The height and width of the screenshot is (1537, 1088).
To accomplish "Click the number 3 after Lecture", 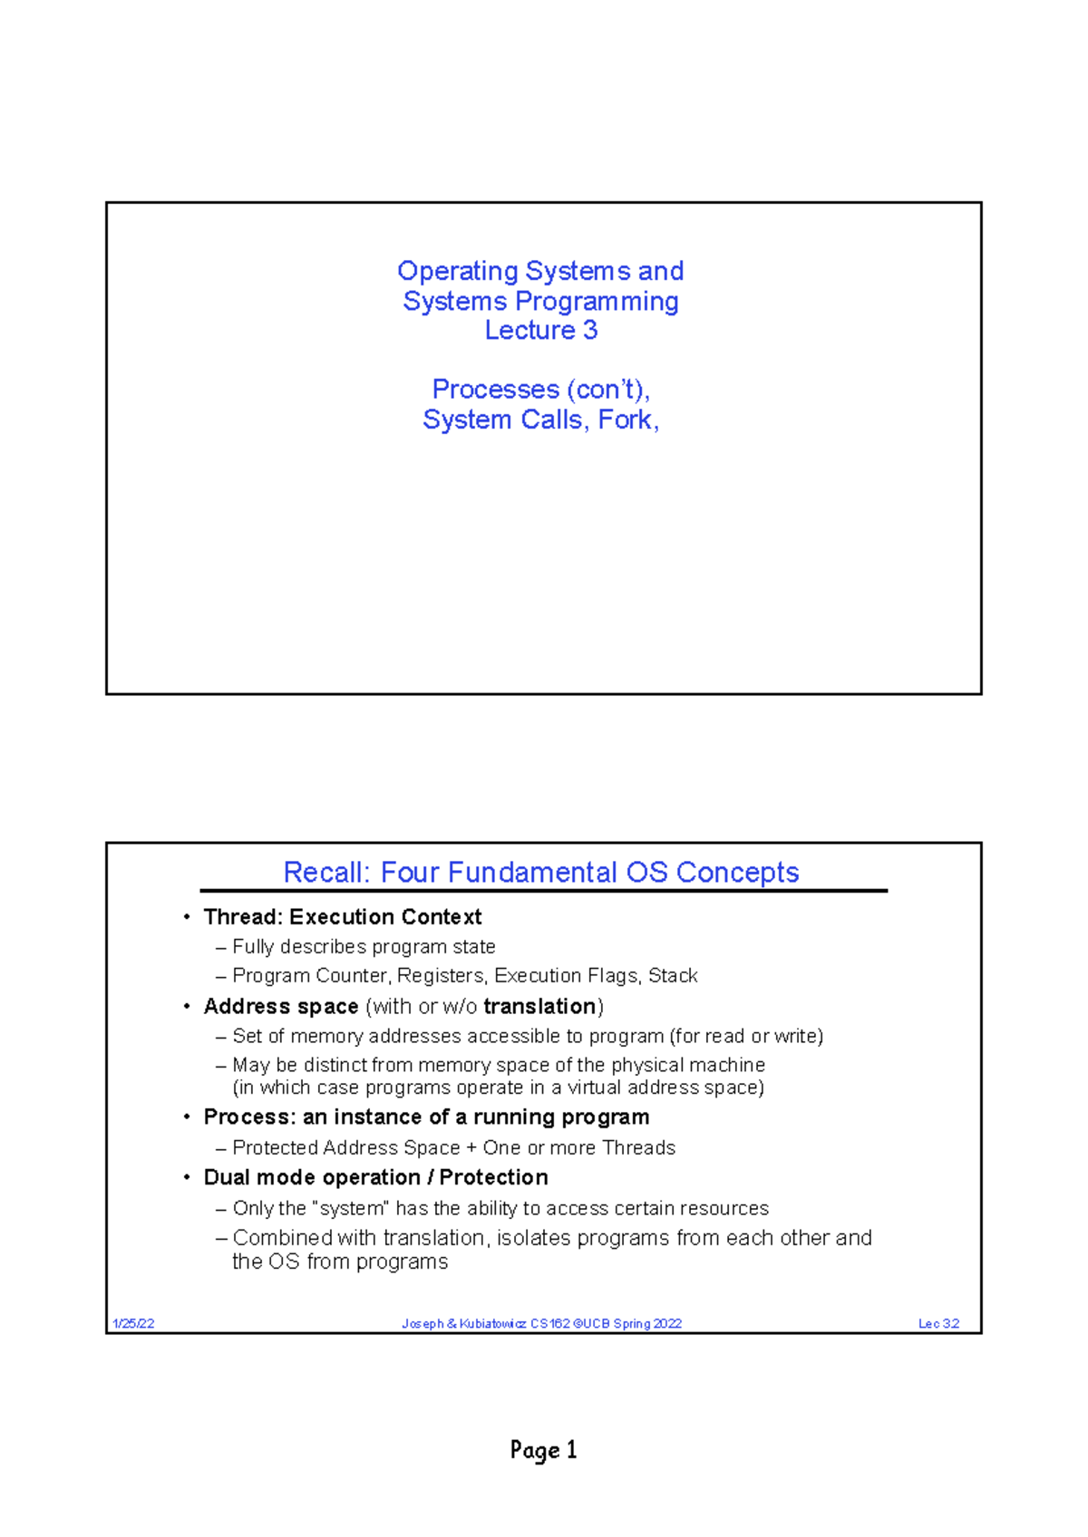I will [x=590, y=330].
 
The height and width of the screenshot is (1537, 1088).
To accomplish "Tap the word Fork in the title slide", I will [x=625, y=420].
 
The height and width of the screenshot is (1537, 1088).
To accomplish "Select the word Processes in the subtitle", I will [x=495, y=390].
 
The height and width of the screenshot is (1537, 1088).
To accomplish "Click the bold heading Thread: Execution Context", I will [x=342, y=917].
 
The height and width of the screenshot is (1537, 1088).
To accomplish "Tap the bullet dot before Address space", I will [x=187, y=1007].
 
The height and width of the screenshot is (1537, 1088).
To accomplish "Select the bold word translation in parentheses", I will [x=539, y=1007].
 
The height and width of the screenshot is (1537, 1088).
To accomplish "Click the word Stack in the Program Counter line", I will [x=673, y=976].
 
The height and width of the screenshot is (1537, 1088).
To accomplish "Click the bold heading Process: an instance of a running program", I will [x=426, y=1117].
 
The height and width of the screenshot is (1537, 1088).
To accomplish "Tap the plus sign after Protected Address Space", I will [x=471, y=1148].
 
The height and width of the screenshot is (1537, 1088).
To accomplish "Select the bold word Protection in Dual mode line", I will [x=493, y=1177].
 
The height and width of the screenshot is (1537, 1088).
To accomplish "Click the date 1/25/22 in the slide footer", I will [x=133, y=1323].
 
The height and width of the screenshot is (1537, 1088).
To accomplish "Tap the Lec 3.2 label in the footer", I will [x=938, y=1323].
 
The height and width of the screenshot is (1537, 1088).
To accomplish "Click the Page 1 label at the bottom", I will [x=543, y=1450].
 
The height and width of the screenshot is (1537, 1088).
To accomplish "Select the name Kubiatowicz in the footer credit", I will [x=492, y=1323].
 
